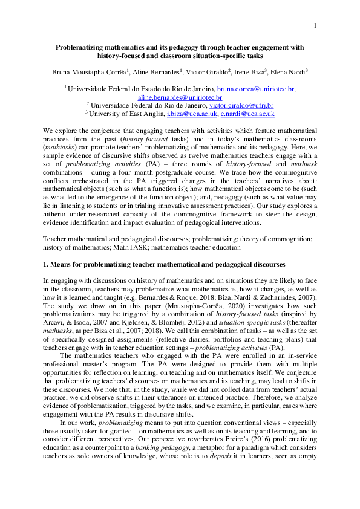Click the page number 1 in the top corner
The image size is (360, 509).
coord(315,25)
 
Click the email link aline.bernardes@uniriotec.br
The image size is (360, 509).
coord(180,97)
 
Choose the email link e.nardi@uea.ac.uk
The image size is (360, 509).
coord(247,113)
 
